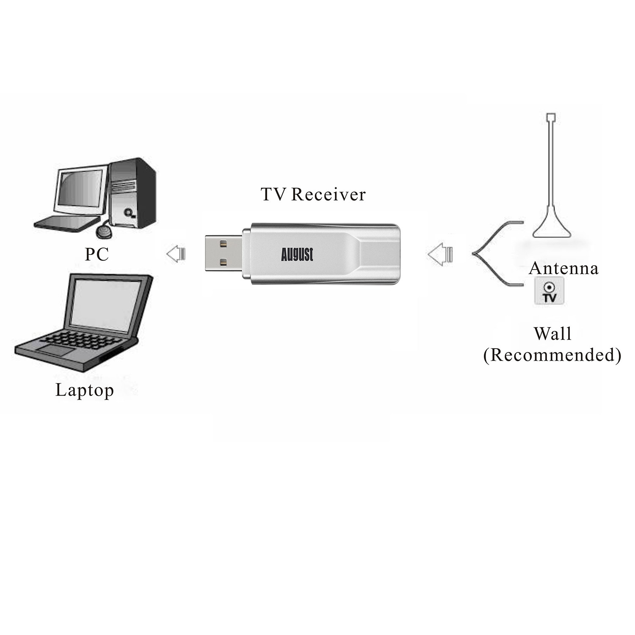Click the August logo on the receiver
(x=297, y=254)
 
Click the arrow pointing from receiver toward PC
(x=176, y=254)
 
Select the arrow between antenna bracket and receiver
(x=440, y=254)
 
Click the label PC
(x=97, y=254)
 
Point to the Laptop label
(x=85, y=390)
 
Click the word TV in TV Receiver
(x=273, y=194)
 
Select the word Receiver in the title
(x=328, y=194)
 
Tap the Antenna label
(x=563, y=268)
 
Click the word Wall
(x=552, y=334)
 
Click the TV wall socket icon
(x=549, y=291)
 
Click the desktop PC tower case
(x=131, y=192)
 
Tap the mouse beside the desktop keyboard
(x=105, y=231)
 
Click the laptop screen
(x=107, y=302)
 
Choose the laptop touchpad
(x=55, y=350)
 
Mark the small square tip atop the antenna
(x=551, y=117)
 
